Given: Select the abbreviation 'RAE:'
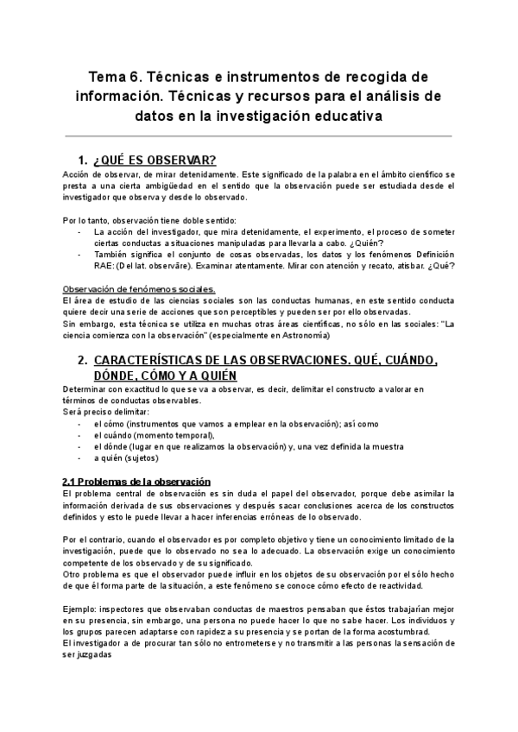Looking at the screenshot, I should [108, 266].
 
